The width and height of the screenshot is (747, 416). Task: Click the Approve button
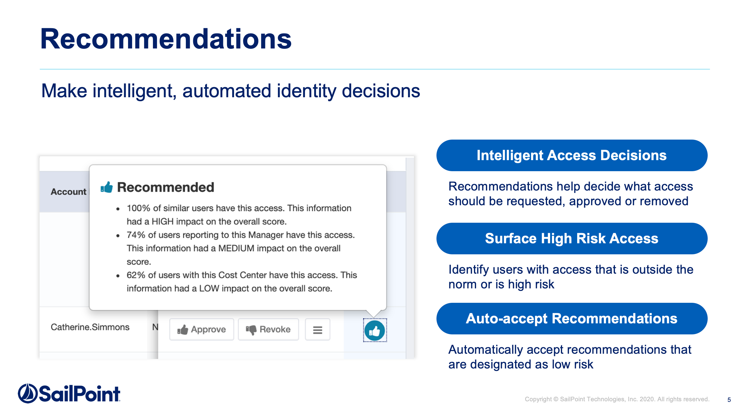click(x=201, y=329)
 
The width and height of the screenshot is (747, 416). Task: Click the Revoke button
click(x=268, y=329)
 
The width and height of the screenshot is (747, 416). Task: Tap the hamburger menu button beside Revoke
click(x=318, y=330)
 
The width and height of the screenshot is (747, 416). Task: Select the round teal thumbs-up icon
click(x=375, y=330)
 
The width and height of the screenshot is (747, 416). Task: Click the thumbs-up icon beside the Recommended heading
click(x=107, y=187)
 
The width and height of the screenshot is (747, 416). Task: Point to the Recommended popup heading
click(x=166, y=187)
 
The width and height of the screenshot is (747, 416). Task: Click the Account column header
click(x=68, y=192)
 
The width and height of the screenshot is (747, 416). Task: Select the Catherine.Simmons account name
click(x=90, y=327)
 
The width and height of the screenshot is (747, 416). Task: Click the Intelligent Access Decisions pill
click(x=572, y=155)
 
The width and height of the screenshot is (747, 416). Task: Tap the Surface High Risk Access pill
click(x=572, y=238)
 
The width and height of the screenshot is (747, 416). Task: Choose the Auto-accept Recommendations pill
click(x=572, y=318)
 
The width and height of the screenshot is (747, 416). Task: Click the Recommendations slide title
click(x=166, y=39)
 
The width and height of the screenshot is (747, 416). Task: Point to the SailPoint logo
click(x=69, y=393)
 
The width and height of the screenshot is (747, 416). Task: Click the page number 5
click(x=729, y=400)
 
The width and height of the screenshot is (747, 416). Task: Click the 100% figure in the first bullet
click(x=139, y=208)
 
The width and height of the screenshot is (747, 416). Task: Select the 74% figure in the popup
click(x=136, y=235)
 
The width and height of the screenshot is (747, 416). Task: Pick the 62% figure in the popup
click(x=136, y=275)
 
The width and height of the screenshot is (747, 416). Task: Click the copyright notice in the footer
click(x=617, y=399)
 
